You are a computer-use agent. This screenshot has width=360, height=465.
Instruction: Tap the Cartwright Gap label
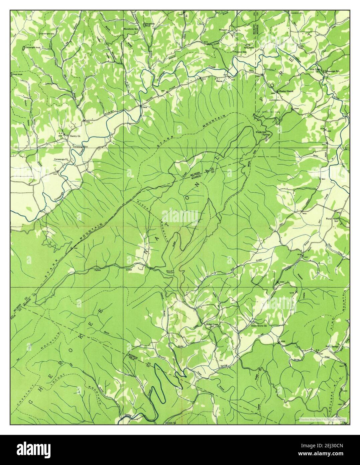click(x=50, y=34)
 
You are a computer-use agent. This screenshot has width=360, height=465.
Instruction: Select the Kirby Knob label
click(x=249, y=48)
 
